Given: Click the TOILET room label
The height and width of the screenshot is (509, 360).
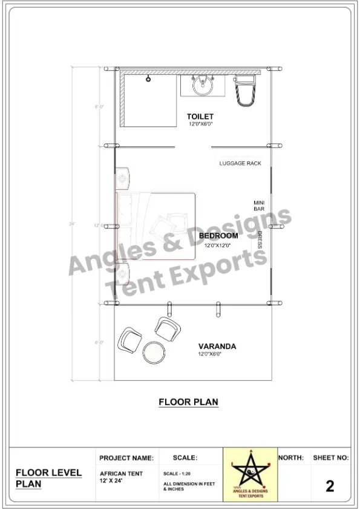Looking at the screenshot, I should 200,116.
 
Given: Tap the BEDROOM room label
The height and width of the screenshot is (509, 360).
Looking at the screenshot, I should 218,236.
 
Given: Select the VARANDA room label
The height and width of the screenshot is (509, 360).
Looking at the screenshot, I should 217,347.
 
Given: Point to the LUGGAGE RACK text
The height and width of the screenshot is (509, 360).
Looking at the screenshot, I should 240,163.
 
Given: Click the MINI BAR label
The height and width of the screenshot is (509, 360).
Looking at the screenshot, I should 259,206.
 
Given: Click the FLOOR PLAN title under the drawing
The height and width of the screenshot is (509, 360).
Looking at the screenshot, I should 188,401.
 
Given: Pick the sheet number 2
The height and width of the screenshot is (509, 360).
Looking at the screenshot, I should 330,485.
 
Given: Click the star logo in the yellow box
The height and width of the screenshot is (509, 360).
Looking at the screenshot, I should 249,474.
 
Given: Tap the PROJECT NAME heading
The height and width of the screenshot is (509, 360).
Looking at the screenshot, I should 126,459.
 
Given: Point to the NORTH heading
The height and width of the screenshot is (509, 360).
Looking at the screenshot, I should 291,458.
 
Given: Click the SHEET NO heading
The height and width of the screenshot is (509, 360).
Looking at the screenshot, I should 330,458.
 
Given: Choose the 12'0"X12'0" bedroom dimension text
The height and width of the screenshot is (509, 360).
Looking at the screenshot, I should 218,246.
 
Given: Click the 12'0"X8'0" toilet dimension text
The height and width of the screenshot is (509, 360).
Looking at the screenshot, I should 200,124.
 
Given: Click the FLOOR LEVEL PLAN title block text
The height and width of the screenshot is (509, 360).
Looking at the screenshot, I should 48,478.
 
